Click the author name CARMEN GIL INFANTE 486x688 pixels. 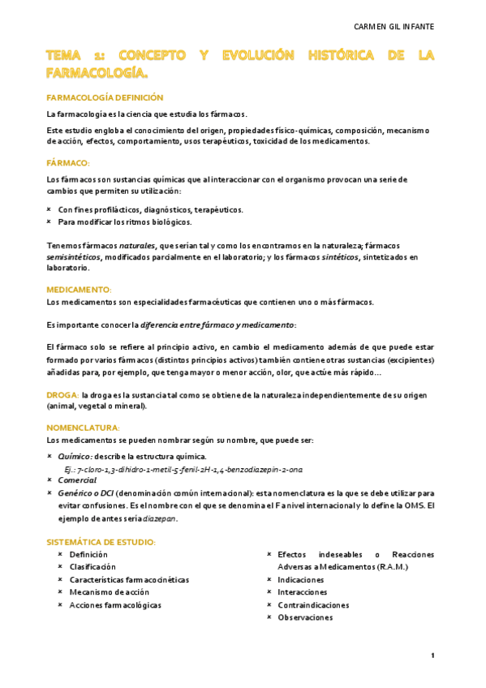tap(394, 27)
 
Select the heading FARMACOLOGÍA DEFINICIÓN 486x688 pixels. tap(105, 97)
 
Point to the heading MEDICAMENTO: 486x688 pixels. tap(79, 290)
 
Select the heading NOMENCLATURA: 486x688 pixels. tap(83, 428)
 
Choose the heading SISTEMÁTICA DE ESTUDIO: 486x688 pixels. tap(101, 542)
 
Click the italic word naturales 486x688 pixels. tap(138, 245)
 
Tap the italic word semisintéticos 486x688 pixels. tap(74, 256)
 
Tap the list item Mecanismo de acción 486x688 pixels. tap(109, 592)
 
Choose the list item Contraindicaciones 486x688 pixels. tap(312, 604)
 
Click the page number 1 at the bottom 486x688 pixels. tap(432, 656)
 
